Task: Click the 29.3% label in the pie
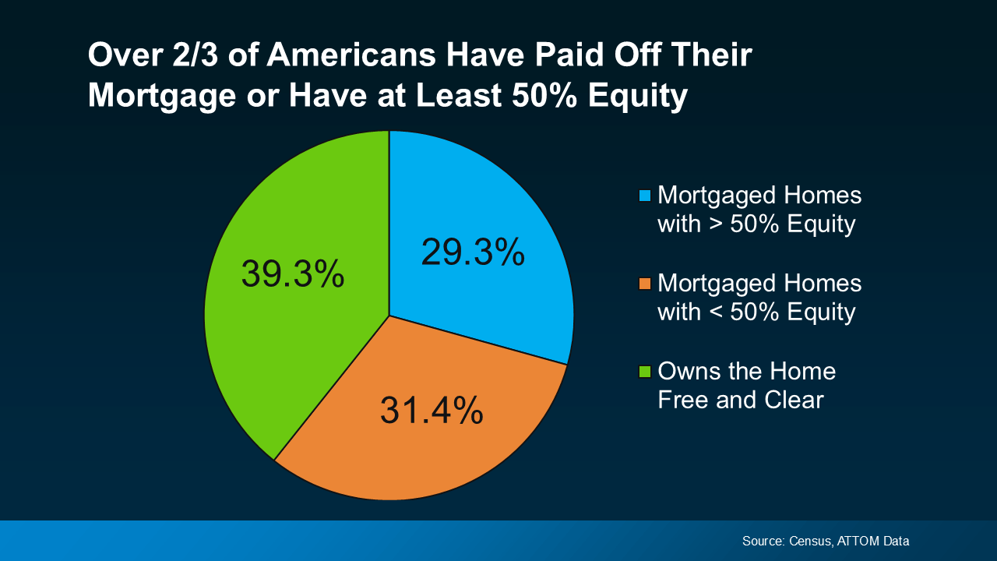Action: (x=473, y=252)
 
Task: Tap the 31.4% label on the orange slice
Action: (x=432, y=411)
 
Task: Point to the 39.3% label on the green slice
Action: (x=293, y=274)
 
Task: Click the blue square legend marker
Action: (x=645, y=195)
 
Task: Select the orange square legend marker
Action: (x=645, y=282)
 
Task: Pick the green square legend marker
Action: (x=645, y=370)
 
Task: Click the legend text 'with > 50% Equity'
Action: (x=756, y=224)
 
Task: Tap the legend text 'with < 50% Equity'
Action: (x=756, y=312)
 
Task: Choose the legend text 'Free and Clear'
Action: (x=740, y=400)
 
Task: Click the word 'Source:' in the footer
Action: (x=763, y=541)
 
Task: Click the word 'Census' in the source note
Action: (x=809, y=541)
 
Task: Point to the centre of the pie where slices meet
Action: (x=389, y=316)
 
